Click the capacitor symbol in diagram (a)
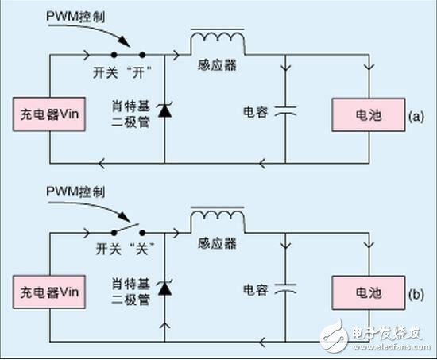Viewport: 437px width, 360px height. [284, 114]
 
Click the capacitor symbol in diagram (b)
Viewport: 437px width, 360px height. [284, 291]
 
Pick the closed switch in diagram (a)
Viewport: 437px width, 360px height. [128, 56]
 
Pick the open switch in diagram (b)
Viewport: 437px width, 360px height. [128, 230]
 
